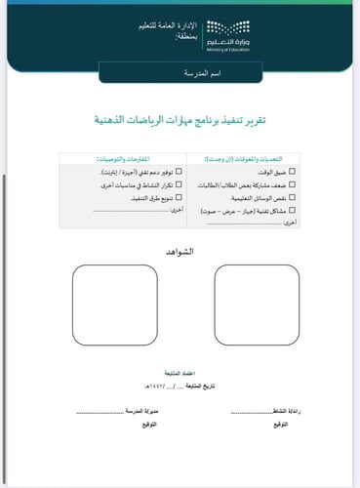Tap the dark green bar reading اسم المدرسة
point(180,73)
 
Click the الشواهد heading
point(180,252)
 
